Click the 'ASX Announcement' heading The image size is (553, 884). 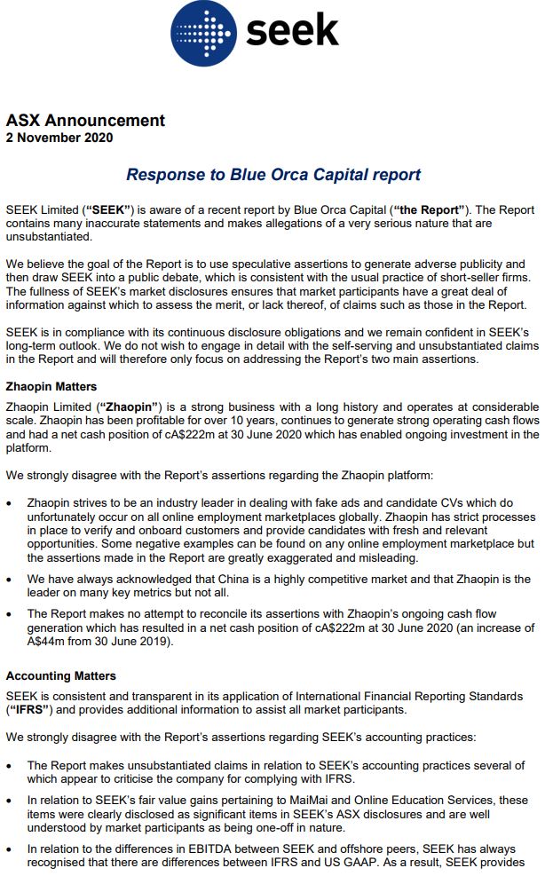(x=85, y=121)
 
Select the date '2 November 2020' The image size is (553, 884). (x=59, y=138)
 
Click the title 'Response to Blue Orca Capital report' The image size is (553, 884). (x=273, y=175)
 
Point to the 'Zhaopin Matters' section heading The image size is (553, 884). (x=51, y=387)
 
